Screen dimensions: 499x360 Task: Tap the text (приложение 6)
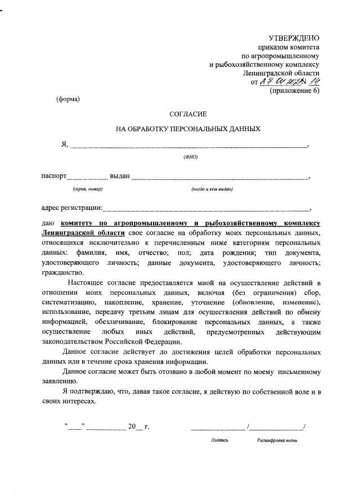[294, 91]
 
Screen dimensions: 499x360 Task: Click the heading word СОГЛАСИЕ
[188, 114]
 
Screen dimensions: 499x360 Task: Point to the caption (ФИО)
[191, 156]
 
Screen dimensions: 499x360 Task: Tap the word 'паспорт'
[55, 176]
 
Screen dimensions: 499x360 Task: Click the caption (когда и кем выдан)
[212, 189]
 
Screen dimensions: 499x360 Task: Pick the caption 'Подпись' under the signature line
[219, 440]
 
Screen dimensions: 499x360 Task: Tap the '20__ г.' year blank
[138, 426]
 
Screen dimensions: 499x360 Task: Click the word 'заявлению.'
[61, 380]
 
